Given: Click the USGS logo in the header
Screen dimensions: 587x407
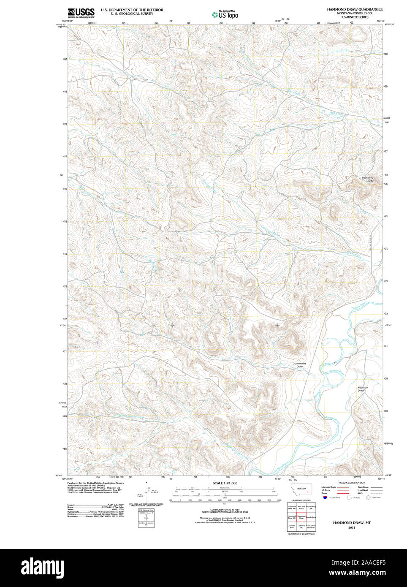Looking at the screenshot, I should [81, 13].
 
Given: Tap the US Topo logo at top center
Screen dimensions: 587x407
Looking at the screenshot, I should [225, 15].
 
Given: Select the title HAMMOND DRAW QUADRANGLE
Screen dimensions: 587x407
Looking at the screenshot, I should [354, 9].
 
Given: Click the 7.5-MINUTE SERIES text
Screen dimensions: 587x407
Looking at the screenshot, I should [355, 17].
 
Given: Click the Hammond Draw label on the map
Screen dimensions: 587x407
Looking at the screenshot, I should [299, 365].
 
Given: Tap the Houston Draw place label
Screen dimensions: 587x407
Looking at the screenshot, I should [362, 389].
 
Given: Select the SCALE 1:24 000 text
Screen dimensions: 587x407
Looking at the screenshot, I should [225, 483].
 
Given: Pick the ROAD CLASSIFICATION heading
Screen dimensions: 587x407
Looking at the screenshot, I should [352, 483].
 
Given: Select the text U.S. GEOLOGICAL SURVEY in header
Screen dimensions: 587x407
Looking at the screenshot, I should [132, 14].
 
